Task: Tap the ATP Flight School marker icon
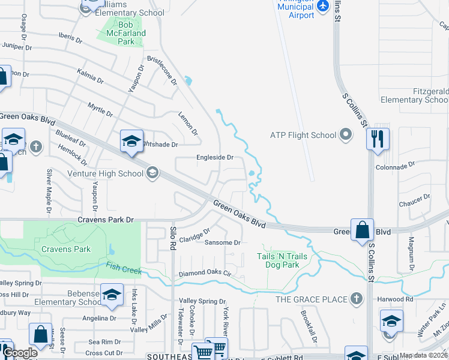click(346, 135)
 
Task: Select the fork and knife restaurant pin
click(378, 139)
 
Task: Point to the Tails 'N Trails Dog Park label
click(282, 260)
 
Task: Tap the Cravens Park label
click(66, 249)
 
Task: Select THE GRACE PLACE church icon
click(357, 299)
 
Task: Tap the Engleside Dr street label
click(215, 158)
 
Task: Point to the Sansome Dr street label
click(223, 243)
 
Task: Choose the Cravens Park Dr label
click(106, 220)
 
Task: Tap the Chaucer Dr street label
click(412, 201)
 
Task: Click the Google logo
click(20, 353)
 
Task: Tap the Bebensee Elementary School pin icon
click(112, 294)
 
